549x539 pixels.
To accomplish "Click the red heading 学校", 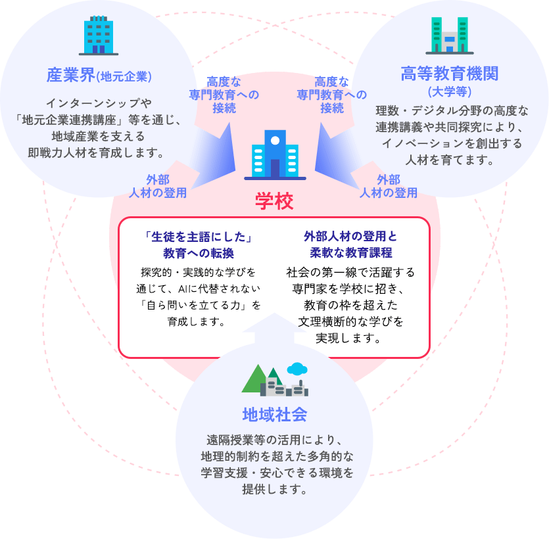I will click(274, 201).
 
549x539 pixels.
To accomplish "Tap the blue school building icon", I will click(275, 154).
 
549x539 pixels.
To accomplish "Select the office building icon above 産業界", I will click(99, 35).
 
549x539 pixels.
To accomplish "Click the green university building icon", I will click(450, 35).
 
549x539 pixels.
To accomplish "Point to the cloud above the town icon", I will click(298, 368).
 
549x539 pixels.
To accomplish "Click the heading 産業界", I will click(70, 75).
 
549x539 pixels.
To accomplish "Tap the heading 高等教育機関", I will click(450, 74).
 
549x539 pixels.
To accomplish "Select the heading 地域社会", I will click(274, 415).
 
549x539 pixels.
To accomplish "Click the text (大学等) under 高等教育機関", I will click(450, 91).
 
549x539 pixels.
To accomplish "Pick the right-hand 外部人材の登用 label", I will click(389, 186).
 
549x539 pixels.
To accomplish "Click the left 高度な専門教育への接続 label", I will click(224, 95).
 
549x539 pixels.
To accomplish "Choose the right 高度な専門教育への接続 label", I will click(332, 95).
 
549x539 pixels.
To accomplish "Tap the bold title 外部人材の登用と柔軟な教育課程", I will click(350, 244).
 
